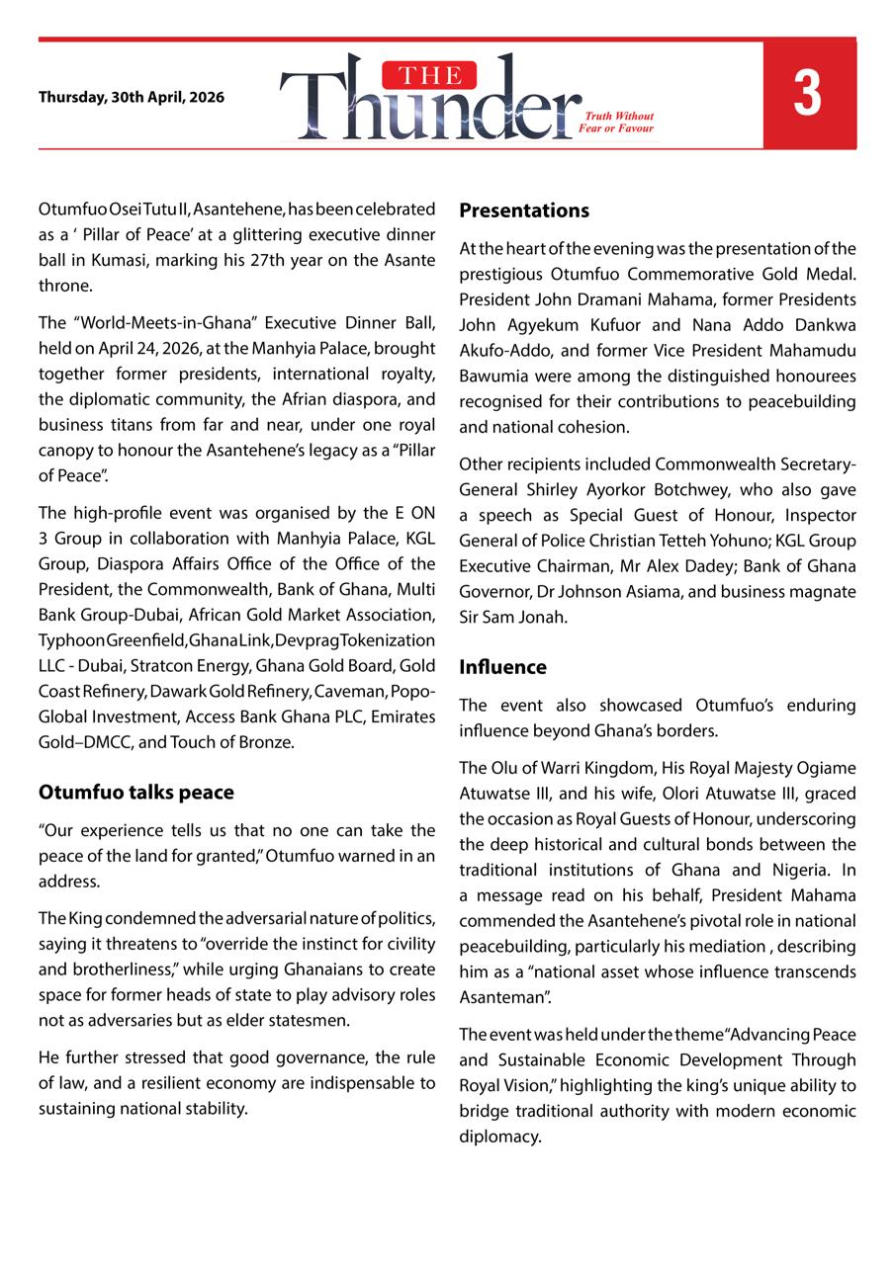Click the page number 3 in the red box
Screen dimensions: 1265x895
(x=807, y=95)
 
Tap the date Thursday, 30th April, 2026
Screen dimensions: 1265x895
(x=132, y=98)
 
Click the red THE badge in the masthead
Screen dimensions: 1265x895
(x=435, y=75)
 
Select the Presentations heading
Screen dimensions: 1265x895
(x=524, y=211)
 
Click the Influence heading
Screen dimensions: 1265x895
(x=502, y=667)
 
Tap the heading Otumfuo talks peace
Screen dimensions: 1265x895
(x=136, y=793)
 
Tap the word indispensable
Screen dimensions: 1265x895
(x=336, y=1083)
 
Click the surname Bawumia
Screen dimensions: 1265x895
(x=495, y=377)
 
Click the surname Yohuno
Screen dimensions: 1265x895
(x=701, y=542)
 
